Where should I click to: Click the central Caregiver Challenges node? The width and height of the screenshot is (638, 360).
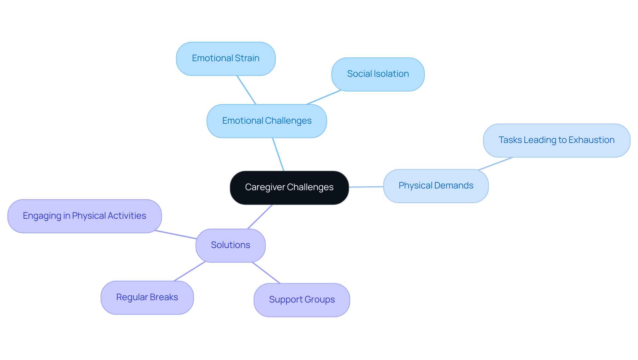(289, 187)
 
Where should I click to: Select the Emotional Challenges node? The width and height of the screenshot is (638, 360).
(266, 121)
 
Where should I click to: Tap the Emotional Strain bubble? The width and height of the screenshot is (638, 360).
(226, 59)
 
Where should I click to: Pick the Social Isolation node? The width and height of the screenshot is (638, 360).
(378, 74)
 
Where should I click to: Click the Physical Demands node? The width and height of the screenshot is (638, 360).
(436, 186)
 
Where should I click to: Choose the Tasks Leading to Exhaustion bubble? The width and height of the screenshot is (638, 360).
(556, 140)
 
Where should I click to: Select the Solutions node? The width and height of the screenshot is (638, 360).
(230, 245)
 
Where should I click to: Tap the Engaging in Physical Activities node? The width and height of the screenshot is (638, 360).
(84, 216)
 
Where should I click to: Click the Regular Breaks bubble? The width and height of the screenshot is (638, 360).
(147, 298)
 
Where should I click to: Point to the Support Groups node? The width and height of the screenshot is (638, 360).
(302, 300)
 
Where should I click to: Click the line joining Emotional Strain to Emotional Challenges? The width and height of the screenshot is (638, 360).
(246, 90)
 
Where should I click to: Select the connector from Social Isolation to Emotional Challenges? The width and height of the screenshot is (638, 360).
(324, 97)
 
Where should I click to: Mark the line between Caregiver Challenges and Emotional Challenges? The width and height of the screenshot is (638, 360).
(278, 154)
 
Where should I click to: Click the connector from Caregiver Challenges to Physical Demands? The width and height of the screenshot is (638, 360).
(366, 187)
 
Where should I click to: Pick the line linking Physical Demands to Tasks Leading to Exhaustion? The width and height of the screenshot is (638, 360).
(495, 164)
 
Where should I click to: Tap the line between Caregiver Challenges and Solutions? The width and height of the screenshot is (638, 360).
(260, 217)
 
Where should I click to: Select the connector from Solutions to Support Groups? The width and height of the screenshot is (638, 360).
(266, 273)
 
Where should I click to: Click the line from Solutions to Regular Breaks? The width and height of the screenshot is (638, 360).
(189, 271)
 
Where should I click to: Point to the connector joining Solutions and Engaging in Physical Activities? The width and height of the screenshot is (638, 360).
(175, 235)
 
